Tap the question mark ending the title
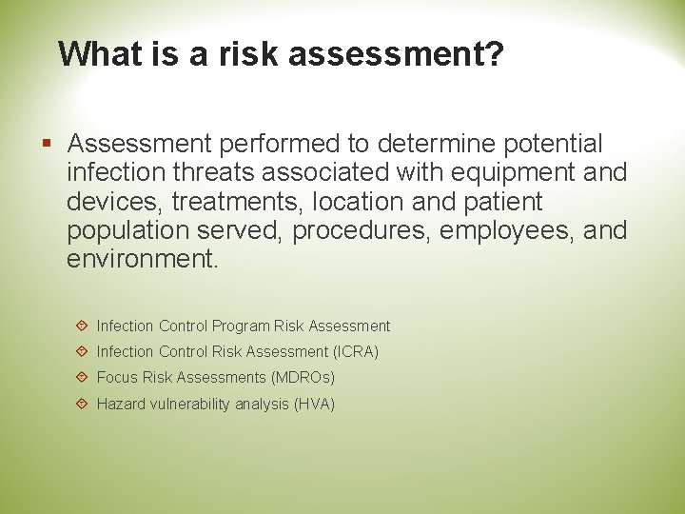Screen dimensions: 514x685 pyautogui.click(x=493, y=53)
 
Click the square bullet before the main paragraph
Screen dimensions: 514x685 pyautogui.click(x=48, y=145)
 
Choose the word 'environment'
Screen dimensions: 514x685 pyautogui.click(x=142, y=260)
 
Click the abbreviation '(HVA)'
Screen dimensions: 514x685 pyautogui.click(x=314, y=405)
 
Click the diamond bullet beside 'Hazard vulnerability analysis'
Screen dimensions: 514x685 pyautogui.click(x=82, y=405)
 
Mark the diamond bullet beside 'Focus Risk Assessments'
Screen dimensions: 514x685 pyautogui.click(x=82, y=378)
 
